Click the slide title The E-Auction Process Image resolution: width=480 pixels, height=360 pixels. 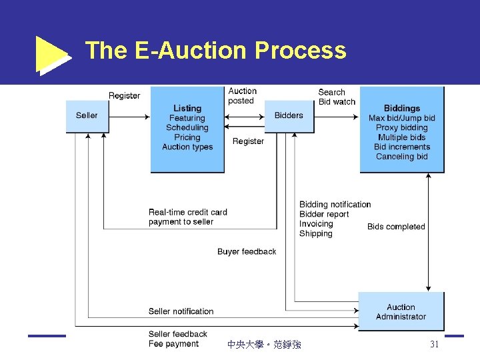coord(215,51)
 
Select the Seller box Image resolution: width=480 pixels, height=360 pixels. coord(87,115)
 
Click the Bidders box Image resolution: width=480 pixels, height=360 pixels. coord(289,115)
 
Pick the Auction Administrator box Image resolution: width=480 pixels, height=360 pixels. coord(401,311)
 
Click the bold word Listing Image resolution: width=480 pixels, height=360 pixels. coord(187,108)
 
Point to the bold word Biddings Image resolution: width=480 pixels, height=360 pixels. coord(402,108)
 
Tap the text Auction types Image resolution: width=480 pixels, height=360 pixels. coord(187,147)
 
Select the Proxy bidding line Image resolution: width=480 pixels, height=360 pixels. coord(402,127)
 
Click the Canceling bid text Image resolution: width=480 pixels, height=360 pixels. coord(402,157)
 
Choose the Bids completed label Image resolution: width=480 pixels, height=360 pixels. coord(396,227)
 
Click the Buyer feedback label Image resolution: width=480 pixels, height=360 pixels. coord(247,251)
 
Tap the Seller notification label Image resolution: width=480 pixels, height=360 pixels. coord(181,311)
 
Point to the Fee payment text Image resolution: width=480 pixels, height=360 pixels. coord(174,344)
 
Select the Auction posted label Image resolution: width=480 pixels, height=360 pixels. coord(242,96)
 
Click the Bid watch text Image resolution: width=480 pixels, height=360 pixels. coord(337,102)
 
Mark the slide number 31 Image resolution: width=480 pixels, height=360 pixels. coord(435,345)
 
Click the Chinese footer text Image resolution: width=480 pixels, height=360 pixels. coord(264,345)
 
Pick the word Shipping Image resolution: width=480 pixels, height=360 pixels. coord(316,234)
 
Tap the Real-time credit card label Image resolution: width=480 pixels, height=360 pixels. coord(188,212)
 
